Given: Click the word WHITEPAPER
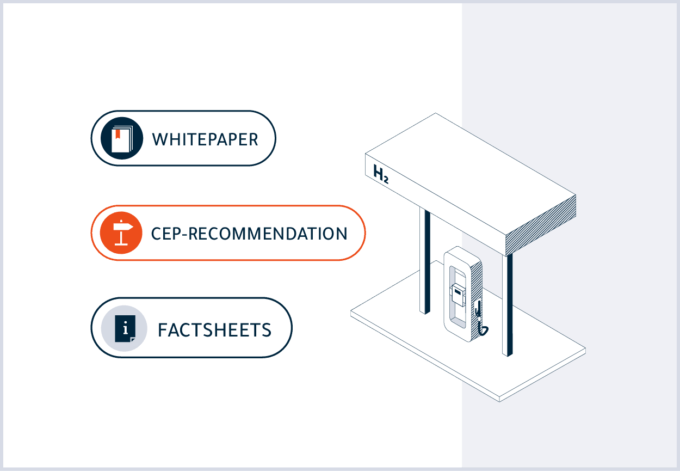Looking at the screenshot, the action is point(205,139).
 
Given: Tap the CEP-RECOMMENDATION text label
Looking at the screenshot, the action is point(249,234).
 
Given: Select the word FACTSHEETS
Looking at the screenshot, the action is point(214,330).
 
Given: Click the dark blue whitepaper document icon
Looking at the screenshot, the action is point(122,138).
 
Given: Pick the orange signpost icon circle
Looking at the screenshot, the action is point(121,233).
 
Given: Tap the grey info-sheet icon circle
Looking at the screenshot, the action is point(124,328).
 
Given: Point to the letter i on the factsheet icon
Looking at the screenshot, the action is point(125,328).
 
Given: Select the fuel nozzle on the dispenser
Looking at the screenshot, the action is point(478,309).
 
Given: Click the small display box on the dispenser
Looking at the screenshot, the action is point(458,295).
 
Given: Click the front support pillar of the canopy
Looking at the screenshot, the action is point(507,305).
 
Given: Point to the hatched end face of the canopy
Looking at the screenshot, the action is point(541,225).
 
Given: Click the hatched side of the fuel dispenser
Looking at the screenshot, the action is point(477,301).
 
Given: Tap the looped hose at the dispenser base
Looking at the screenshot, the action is point(483,331).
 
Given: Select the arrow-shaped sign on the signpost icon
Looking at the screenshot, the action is point(123,227).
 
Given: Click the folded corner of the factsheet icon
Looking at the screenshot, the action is point(133,339).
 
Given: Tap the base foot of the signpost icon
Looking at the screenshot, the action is point(121,244).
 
